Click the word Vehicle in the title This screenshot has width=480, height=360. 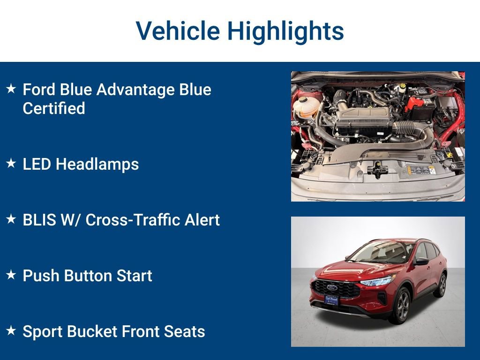[x=178, y=31]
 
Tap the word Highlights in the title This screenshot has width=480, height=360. [x=285, y=31]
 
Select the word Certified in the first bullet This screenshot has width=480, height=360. [x=54, y=109]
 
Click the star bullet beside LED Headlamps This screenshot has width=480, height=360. [x=11, y=164]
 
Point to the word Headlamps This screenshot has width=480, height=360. [x=97, y=164]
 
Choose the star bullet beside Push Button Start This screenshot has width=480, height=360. [x=11, y=275]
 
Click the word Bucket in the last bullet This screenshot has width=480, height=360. [x=92, y=331]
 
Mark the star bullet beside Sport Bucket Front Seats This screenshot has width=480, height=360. [x=11, y=331]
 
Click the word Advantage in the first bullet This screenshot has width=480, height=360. [x=130, y=90]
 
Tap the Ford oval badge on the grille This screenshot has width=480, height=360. [x=332, y=288]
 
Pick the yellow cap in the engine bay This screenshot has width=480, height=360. [x=402, y=86]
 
